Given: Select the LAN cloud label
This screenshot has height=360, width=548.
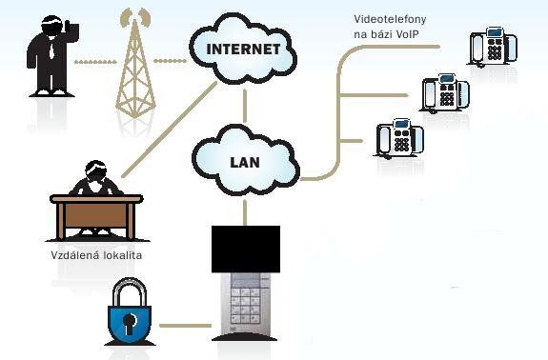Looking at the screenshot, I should click(x=245, y=162).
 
